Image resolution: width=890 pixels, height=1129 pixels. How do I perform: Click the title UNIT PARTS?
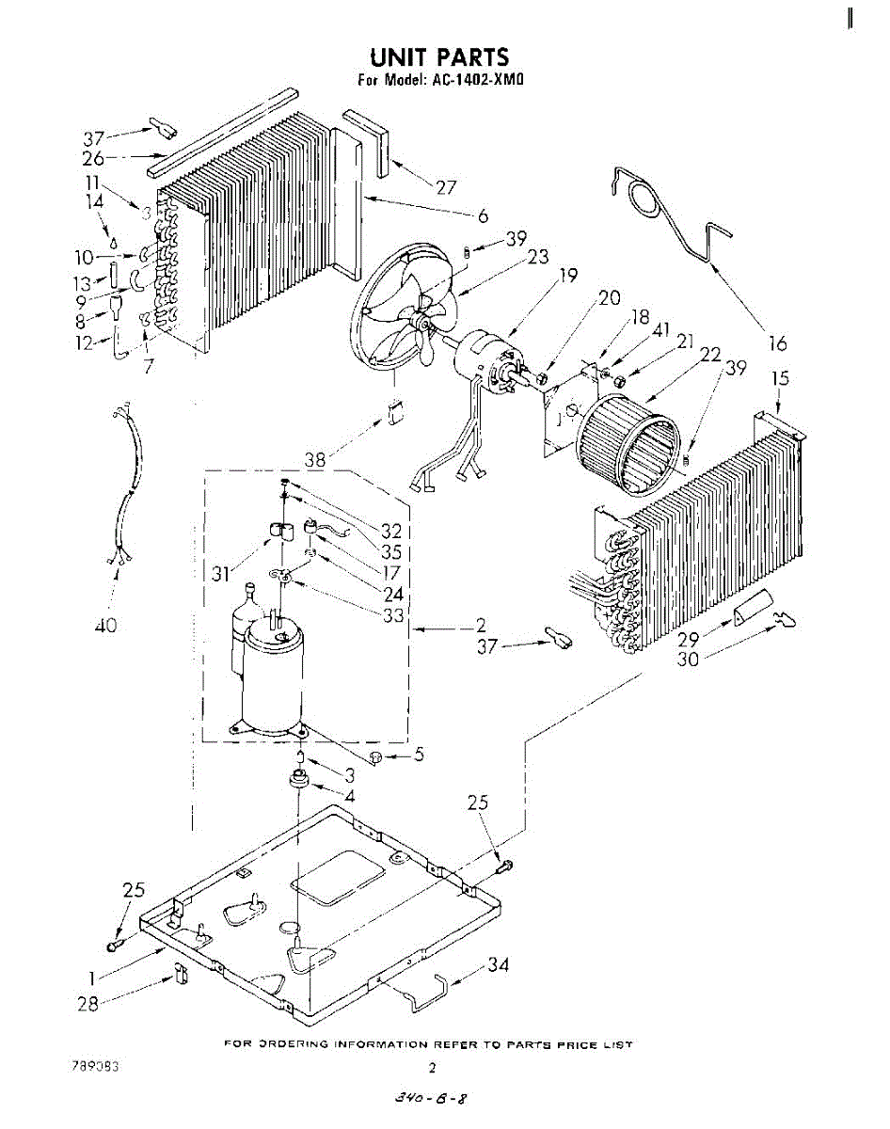439,58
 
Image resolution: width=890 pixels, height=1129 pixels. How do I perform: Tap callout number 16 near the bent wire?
777,344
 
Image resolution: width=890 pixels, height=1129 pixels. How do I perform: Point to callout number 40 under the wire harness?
105,625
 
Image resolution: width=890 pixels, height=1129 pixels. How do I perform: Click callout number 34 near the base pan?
499,966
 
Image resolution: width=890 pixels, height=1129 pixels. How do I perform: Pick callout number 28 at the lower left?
88,1004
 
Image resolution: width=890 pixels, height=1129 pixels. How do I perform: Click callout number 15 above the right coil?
780,379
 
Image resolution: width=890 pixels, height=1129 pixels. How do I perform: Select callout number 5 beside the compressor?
419,754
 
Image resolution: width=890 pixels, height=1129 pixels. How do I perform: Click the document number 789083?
95,1067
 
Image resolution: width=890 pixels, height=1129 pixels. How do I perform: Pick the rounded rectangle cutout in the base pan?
339,878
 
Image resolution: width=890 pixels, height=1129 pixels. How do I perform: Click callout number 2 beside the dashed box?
480,625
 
